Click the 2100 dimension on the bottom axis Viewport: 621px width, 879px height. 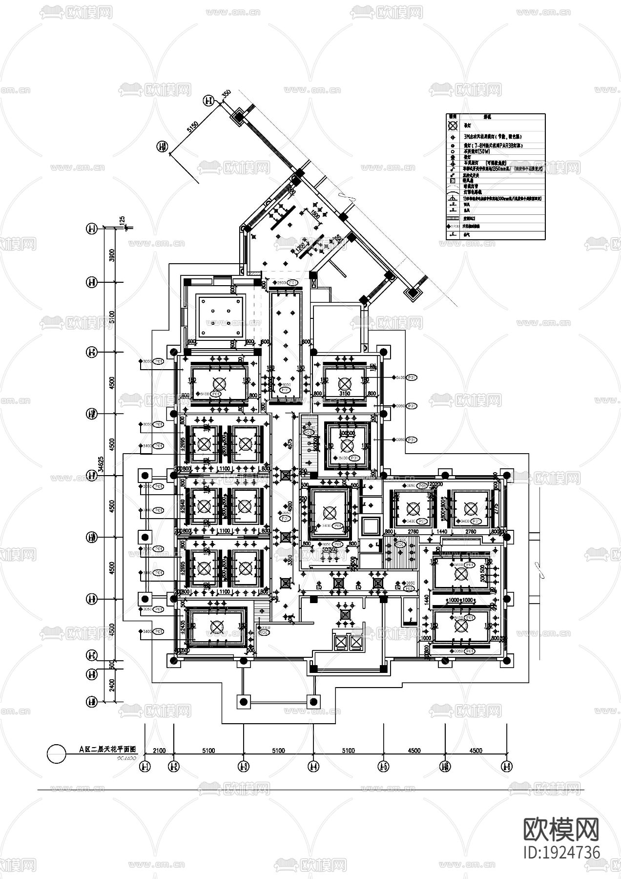pos(160,751)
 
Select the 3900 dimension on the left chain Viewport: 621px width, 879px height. pos(112,255)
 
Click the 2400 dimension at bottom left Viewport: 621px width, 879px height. pos(112,687)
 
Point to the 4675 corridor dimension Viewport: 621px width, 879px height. pos(290,444)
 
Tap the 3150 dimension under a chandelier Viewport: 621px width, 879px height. pos(344,394)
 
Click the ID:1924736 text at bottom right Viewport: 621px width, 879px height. pos(561,853)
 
